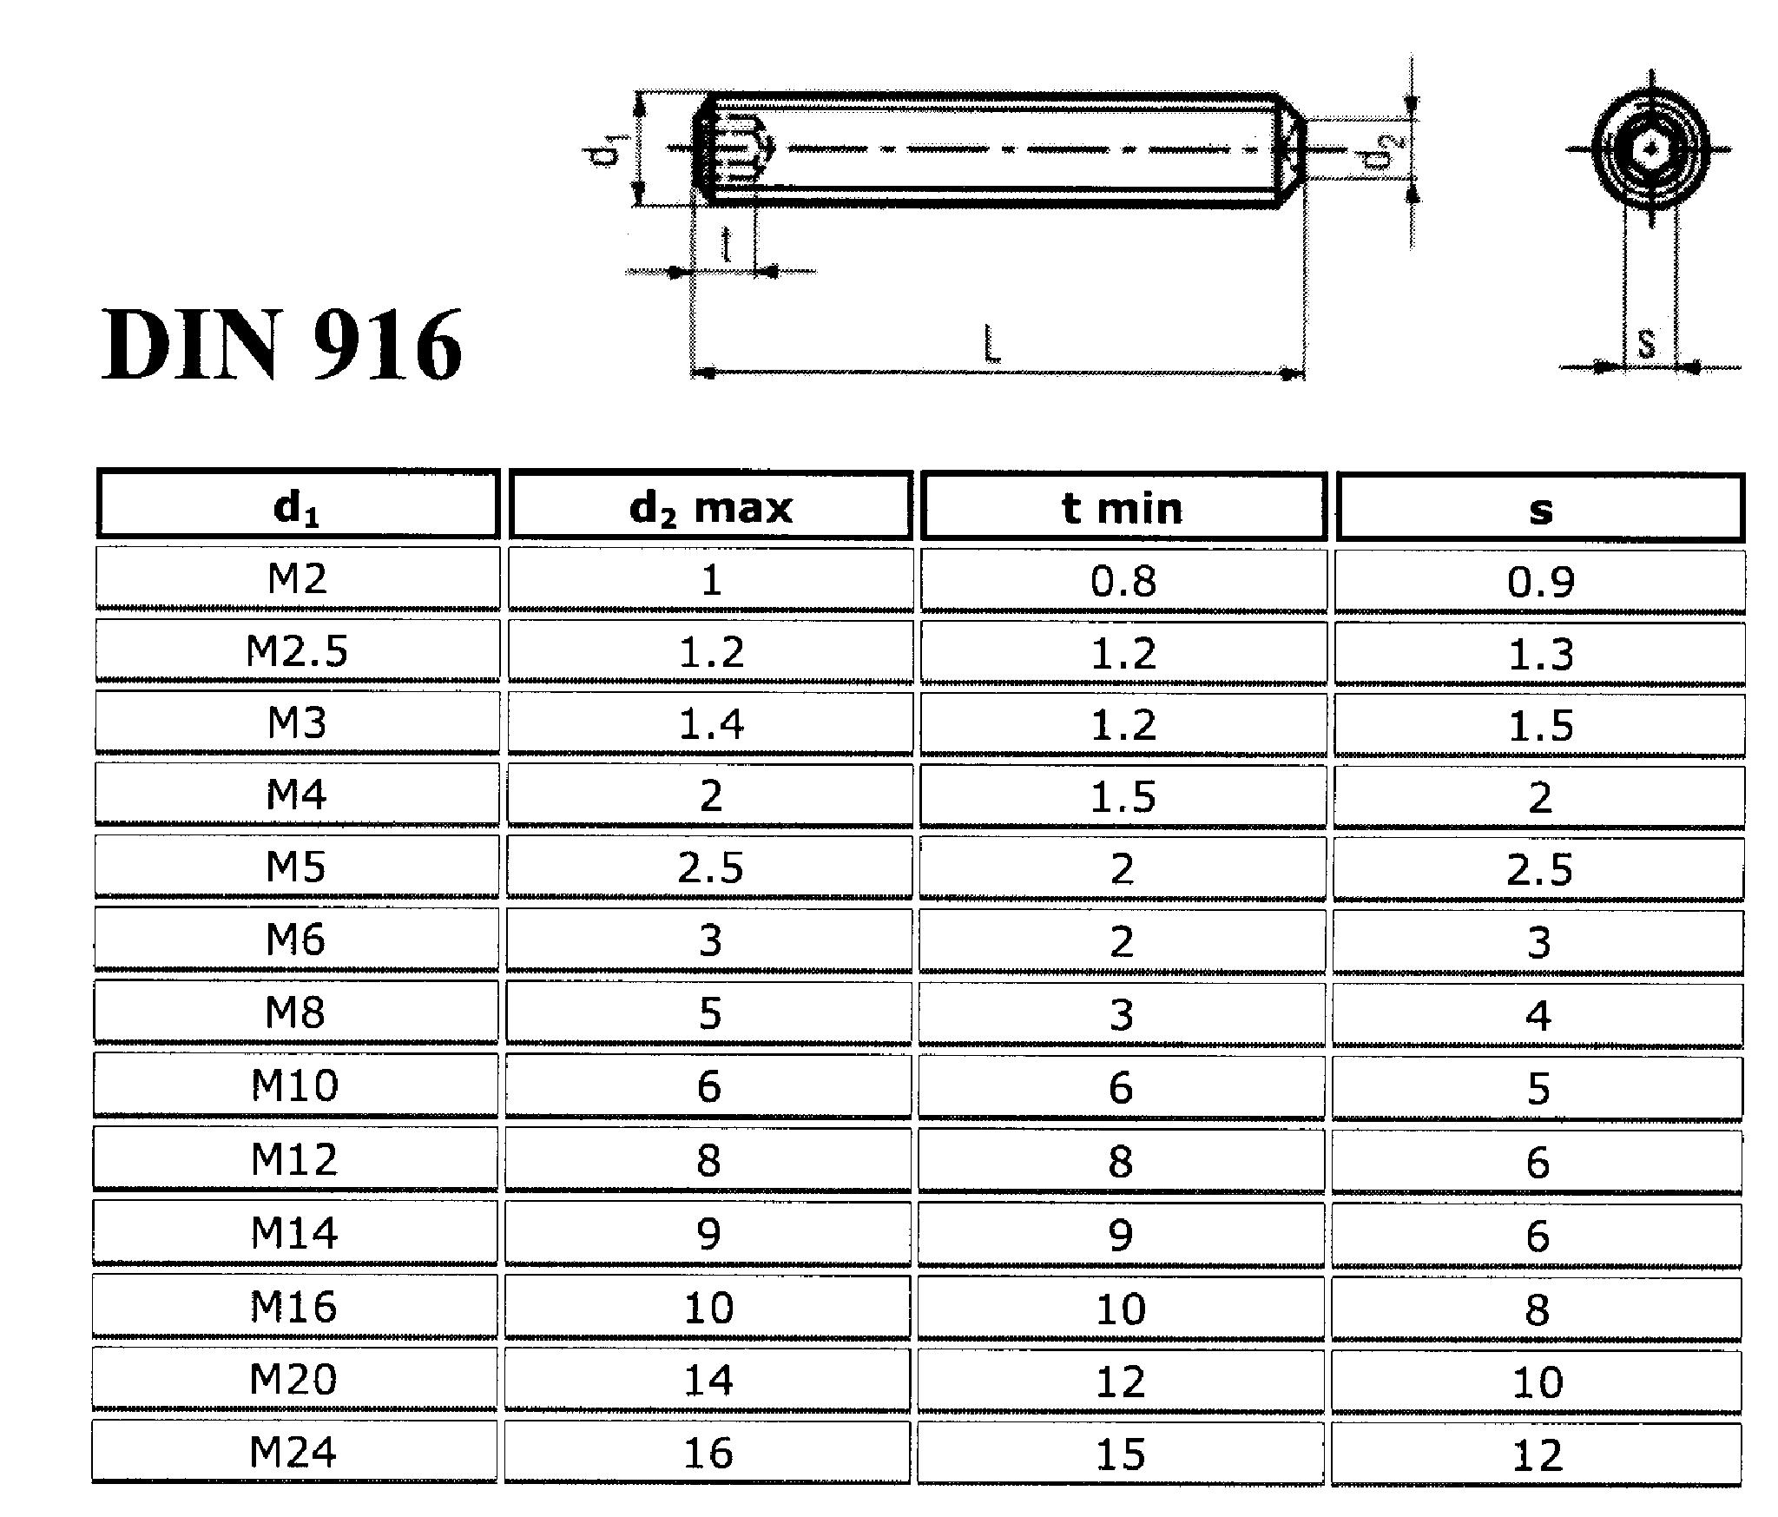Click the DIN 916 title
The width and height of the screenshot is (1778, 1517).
(x=282, y=346)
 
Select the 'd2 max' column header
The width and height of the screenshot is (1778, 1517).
(x=710, y=507)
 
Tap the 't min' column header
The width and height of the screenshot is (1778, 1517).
(x=1123, y=507)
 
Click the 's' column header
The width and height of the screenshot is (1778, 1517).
(x=1540, y=511)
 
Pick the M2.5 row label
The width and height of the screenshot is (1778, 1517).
(x=297, y=651)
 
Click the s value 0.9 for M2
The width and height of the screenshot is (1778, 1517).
(x=1540, y=581)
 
